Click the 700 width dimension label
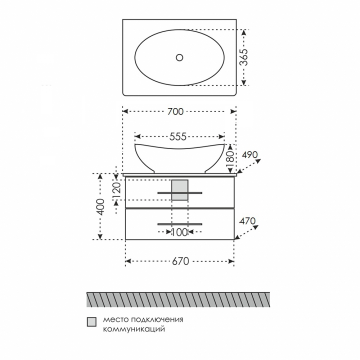pyautogui.click(x=175, y=111)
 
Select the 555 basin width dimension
pyautogui.click(x=178, y=137)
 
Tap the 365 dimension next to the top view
pyautogui.click(x=244, y=57)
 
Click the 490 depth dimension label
pyautogui.click(x=250, y=154)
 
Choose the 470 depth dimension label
pyautogui.click(x=247, y=221)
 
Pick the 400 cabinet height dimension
pyautogui.click(x=100, y=207)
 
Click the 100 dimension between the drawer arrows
pyautogui.click(x=179, y=232)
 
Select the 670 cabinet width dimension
pyautogui.click(x=180, y=261)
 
